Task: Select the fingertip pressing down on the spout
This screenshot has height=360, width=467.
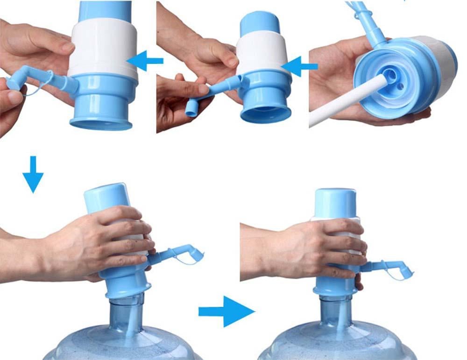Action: (203, 88)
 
